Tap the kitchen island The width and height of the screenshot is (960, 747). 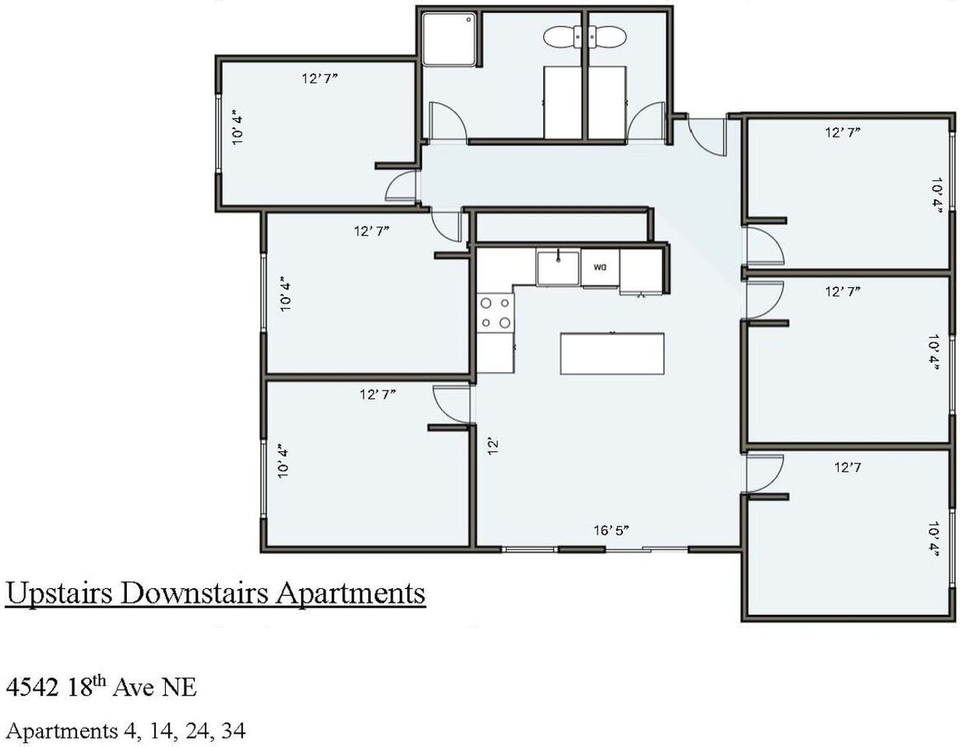612,353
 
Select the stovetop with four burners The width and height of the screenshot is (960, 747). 495,313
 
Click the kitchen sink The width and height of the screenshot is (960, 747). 557,268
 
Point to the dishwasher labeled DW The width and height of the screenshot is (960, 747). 600,268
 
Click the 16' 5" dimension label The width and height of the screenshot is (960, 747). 611,530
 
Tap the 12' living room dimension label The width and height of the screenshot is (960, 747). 493,447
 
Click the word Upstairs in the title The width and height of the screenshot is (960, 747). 58,594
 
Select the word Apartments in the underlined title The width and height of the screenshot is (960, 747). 350,594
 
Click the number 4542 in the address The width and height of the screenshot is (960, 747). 32,687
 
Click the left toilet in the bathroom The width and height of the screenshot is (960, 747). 561,37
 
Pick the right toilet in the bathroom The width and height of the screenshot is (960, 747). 607,37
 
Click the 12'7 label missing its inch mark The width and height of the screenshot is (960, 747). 847,467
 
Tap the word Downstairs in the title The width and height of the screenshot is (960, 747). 194,594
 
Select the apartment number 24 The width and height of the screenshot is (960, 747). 198,731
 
